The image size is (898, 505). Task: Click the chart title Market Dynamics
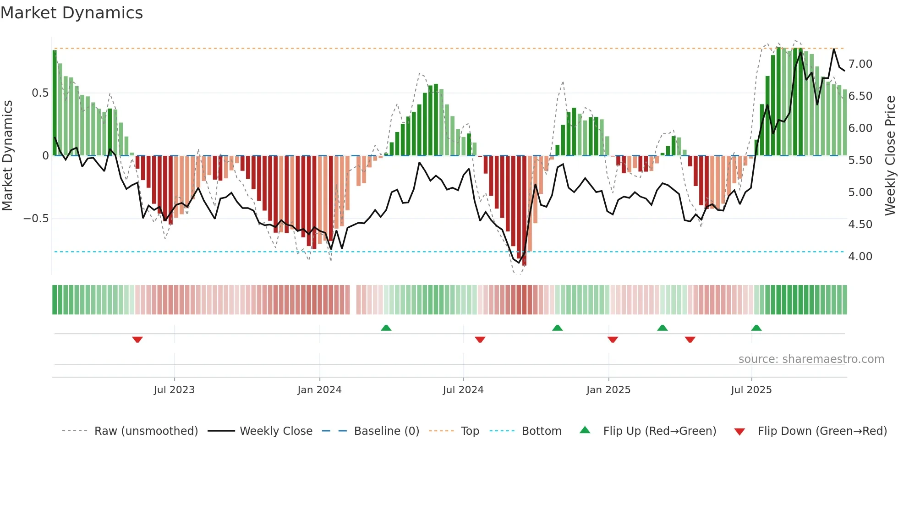[x=71, y=13]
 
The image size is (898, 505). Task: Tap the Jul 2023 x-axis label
[x=174, y=390]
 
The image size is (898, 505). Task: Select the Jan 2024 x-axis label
[x=319, y=390]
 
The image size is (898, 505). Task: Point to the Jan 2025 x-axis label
[x=608, y=390]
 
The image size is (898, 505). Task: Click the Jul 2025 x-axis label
[x=751, y=390]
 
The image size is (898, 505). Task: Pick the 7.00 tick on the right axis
[x=860, y=64]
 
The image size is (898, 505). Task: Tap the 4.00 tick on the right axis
[x=860, y=257]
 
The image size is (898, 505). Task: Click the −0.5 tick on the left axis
[x=36, y=219]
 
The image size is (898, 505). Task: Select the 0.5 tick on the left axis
[x=40, y=93]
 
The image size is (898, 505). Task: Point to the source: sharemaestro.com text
[x=811, y=359]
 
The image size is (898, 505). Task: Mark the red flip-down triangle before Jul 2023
[x=137, y=340]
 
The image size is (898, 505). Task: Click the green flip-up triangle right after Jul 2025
[x=756, y=328]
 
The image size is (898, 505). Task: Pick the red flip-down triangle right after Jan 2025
[x=613, y=340]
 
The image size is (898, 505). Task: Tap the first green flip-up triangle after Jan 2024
[x=386, y=328]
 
